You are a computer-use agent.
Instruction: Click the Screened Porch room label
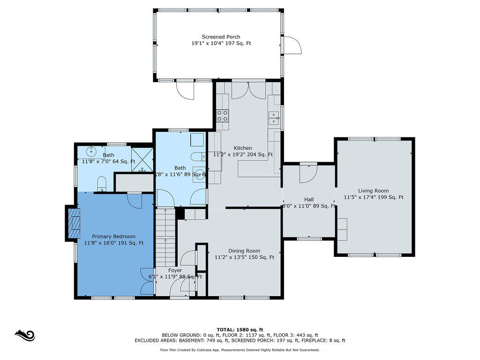(221, 37)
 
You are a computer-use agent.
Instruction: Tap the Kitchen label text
(243, 148)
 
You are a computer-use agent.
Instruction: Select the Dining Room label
(244, 251)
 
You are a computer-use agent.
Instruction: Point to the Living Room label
(374, 191)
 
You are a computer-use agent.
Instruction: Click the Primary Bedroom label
(113, 236)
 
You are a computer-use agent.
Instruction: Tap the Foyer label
(175, 270)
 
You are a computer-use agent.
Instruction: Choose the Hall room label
(309, 200)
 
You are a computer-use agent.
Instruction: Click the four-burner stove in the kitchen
(223, 115)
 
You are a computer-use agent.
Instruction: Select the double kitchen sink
(274, 118)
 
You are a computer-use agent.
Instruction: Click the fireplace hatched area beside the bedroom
(74, 224)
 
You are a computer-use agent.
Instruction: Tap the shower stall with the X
(142, 159)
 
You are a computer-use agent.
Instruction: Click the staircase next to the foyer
(165, 237)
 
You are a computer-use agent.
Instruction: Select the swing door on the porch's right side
(292, 45)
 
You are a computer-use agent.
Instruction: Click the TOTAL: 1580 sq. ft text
(240, 330)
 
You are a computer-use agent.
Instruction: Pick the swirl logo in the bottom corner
(25, 336)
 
